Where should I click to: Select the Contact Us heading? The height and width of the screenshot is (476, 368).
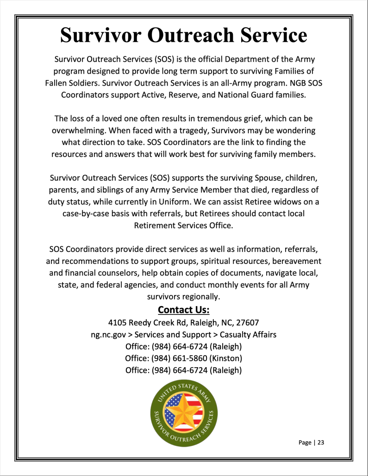point(184,309)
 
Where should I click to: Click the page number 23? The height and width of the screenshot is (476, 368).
point(321,442)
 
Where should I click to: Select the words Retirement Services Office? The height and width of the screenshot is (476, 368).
point(184,226)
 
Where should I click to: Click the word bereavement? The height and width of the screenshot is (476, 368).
point(293,261)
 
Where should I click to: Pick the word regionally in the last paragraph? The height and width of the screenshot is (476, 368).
point(200,297)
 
